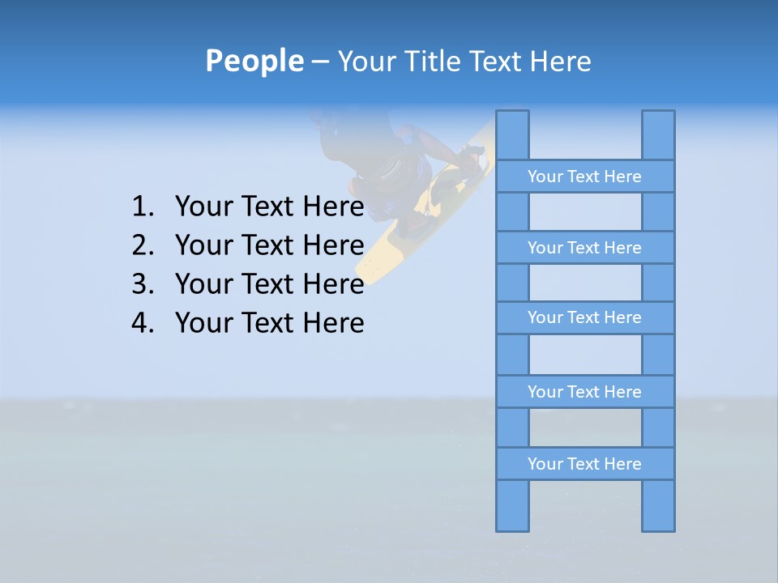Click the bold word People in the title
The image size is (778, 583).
(x=254, y=61)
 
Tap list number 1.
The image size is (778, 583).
(x=142, y=207)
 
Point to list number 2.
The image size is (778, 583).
(x=142, y=245)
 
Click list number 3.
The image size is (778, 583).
(x=142, y=284)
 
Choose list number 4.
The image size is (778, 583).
(x=142, y=323)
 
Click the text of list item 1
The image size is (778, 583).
(x=269, y=207)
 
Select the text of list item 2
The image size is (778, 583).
(x=269, y=245)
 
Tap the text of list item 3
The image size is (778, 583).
(x=269, y=284)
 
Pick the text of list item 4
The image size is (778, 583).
(x=269, y=323)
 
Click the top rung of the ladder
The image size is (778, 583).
(x=584, y=177)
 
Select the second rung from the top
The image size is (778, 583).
(x=584, y=248)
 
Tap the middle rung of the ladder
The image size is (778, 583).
(x=584, y=317)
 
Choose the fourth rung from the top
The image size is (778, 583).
(x=584, y=392)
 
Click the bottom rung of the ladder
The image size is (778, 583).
(x=584, y=464)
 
